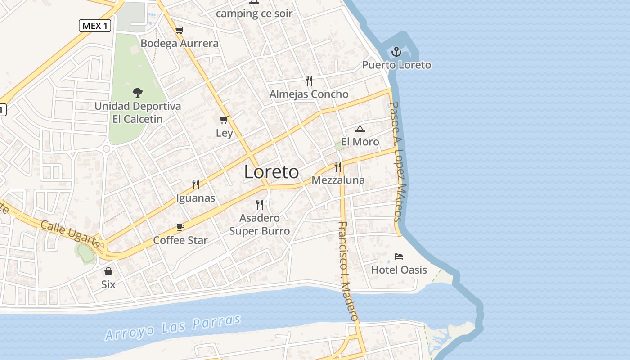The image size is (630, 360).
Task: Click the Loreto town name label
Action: pyautogui.click(x=271, y=172)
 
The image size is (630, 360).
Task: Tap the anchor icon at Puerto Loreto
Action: pyautogui.click(x=396, y=52)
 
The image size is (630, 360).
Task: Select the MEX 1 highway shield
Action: pyautogui.click(x=95, y=26)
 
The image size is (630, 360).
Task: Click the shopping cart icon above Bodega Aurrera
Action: pyautogui.click(x=180, y=30)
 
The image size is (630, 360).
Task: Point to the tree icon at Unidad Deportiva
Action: pyautogui.click(x=138, y=93)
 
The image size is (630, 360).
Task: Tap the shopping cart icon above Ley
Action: pyautogui.click(x=224, y=120)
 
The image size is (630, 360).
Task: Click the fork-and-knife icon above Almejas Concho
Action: pyautogui.click(x=309, y=81)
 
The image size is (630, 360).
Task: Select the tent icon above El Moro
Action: pyautogui.click(x=360, y=129)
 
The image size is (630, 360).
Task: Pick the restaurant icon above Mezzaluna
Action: pyautogui.click(x=338, y=167)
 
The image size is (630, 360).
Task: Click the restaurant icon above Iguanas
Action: pyautogui.click(x=196, y=184)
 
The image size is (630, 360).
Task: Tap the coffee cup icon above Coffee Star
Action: pyautogui.click(x=180, y=227)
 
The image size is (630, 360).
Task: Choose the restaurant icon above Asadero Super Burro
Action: pyautogui.click(x=260, y=205)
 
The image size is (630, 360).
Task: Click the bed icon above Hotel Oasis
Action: pyautogui.click(x=399, y=256)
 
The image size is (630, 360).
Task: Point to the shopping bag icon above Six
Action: pyautogui.click(x=108, y=271)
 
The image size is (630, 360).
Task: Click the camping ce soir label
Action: pyautogui.click(x=254, y=13)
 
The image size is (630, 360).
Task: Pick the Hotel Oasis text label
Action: pyautogui.click(x=399, y=270)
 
